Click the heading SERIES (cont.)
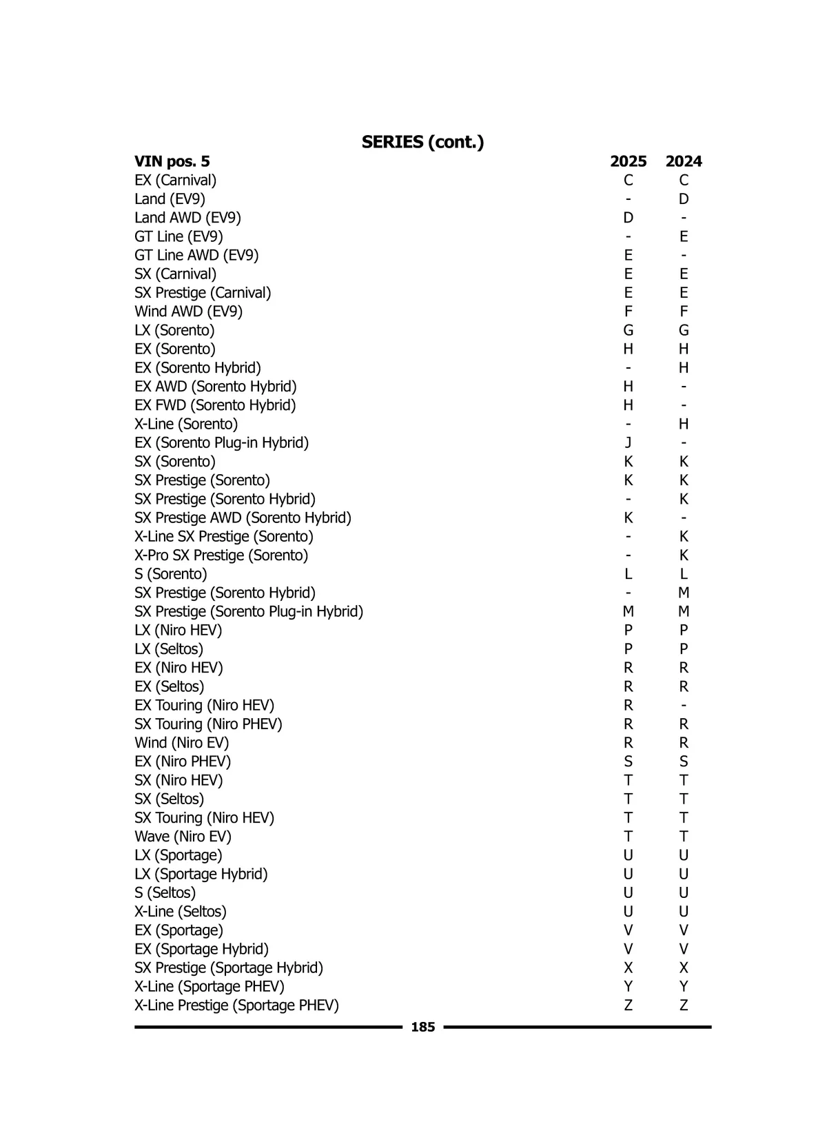(422, 142)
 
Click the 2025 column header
(628, 161)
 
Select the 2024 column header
(683, 161)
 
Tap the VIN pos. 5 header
(172, 161)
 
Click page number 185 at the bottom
(422, 1027)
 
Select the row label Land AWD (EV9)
(187, 218)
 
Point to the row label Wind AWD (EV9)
(188, 311)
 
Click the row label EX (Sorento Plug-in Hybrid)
(221, 442)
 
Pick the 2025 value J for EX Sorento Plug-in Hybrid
(628, 442)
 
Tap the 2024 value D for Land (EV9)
(683, 199)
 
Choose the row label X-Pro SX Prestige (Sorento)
(221, 555)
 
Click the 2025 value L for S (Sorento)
(628, 574)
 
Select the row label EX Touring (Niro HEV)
(204, 705)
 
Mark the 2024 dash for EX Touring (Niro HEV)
(683, 705)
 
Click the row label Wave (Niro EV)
(183, 836)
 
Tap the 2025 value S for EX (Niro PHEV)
(628, 761)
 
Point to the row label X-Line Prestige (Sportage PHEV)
(236, 1005)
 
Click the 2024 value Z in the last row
(683, 1005)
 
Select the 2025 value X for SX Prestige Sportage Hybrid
(628, 968)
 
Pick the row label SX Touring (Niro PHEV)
(208, 724)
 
